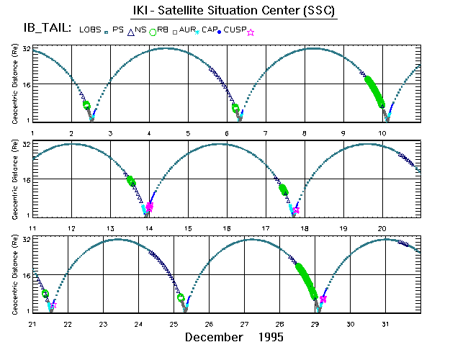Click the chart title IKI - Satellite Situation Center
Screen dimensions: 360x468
(x=233, y=12)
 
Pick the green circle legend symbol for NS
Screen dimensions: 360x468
(x=153, y=32)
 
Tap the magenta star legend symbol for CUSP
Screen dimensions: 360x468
(x=250, y=32)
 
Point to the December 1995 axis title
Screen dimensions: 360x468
(x=234, y=337)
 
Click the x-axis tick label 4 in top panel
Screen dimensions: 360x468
(x=149, y=134)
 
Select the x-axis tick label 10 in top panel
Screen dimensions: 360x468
(x=383, y=134)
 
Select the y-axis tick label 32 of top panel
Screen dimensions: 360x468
(x=24, y=49)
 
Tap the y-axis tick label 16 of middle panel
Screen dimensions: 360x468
(x=24, y=179)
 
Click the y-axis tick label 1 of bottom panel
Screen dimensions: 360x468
(x=27, y=311)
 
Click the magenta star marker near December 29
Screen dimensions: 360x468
(x=323, y=299)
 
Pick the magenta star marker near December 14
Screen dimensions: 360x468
(x=150, y=207)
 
